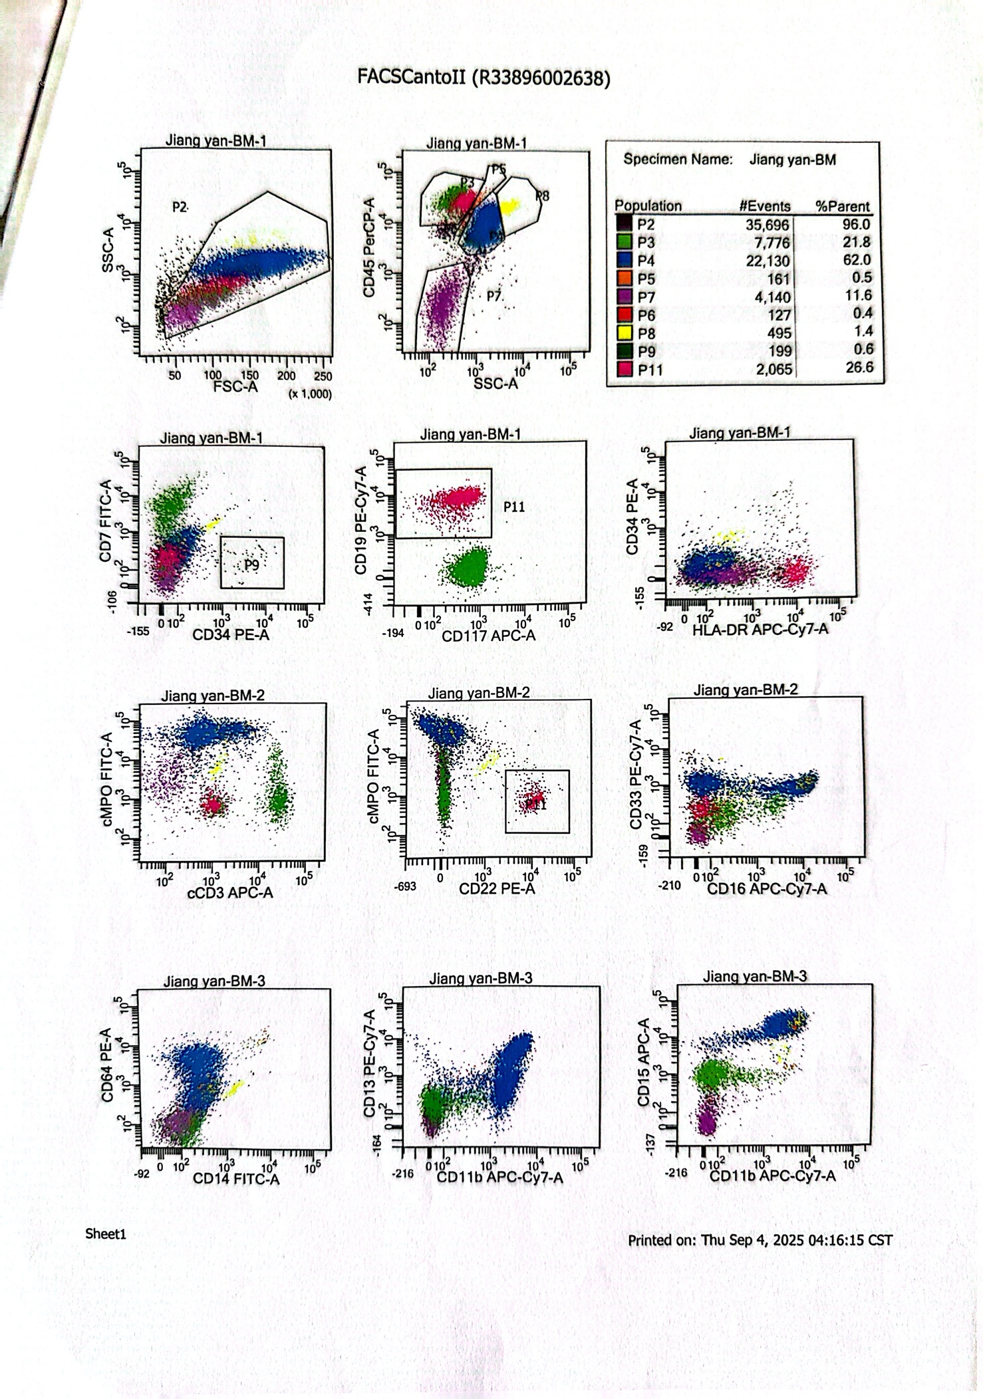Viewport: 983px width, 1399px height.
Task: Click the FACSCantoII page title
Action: [x=484, y=78]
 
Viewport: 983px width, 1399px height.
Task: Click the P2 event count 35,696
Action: [x=768, y=225]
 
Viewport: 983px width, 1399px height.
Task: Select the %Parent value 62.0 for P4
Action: [x=857, y=260]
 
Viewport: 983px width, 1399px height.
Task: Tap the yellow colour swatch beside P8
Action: [x=624, y=334]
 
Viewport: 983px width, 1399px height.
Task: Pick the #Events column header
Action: [x=765, y=206]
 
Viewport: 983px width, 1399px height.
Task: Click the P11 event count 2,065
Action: [x=773, y=369]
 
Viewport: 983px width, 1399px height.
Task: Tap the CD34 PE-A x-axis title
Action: [x=231, y=635]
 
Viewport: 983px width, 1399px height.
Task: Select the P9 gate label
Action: [x=251, y=565]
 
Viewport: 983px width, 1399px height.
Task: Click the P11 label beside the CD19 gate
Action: [x=514, y=507]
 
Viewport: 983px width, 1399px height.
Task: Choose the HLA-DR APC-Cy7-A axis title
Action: [x=760, y=629]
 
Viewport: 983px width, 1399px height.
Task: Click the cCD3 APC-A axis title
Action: [x=230, y=892]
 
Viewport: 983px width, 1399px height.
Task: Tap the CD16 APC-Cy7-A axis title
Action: [x=767, y=889]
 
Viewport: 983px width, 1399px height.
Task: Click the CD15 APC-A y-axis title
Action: [x=643, y=1062]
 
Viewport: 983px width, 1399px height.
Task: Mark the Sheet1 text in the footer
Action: [x=105, y=1234]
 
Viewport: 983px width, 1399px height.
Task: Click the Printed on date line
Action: [x=760, y=1240]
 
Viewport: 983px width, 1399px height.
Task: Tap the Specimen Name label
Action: [x=677, y=160]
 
